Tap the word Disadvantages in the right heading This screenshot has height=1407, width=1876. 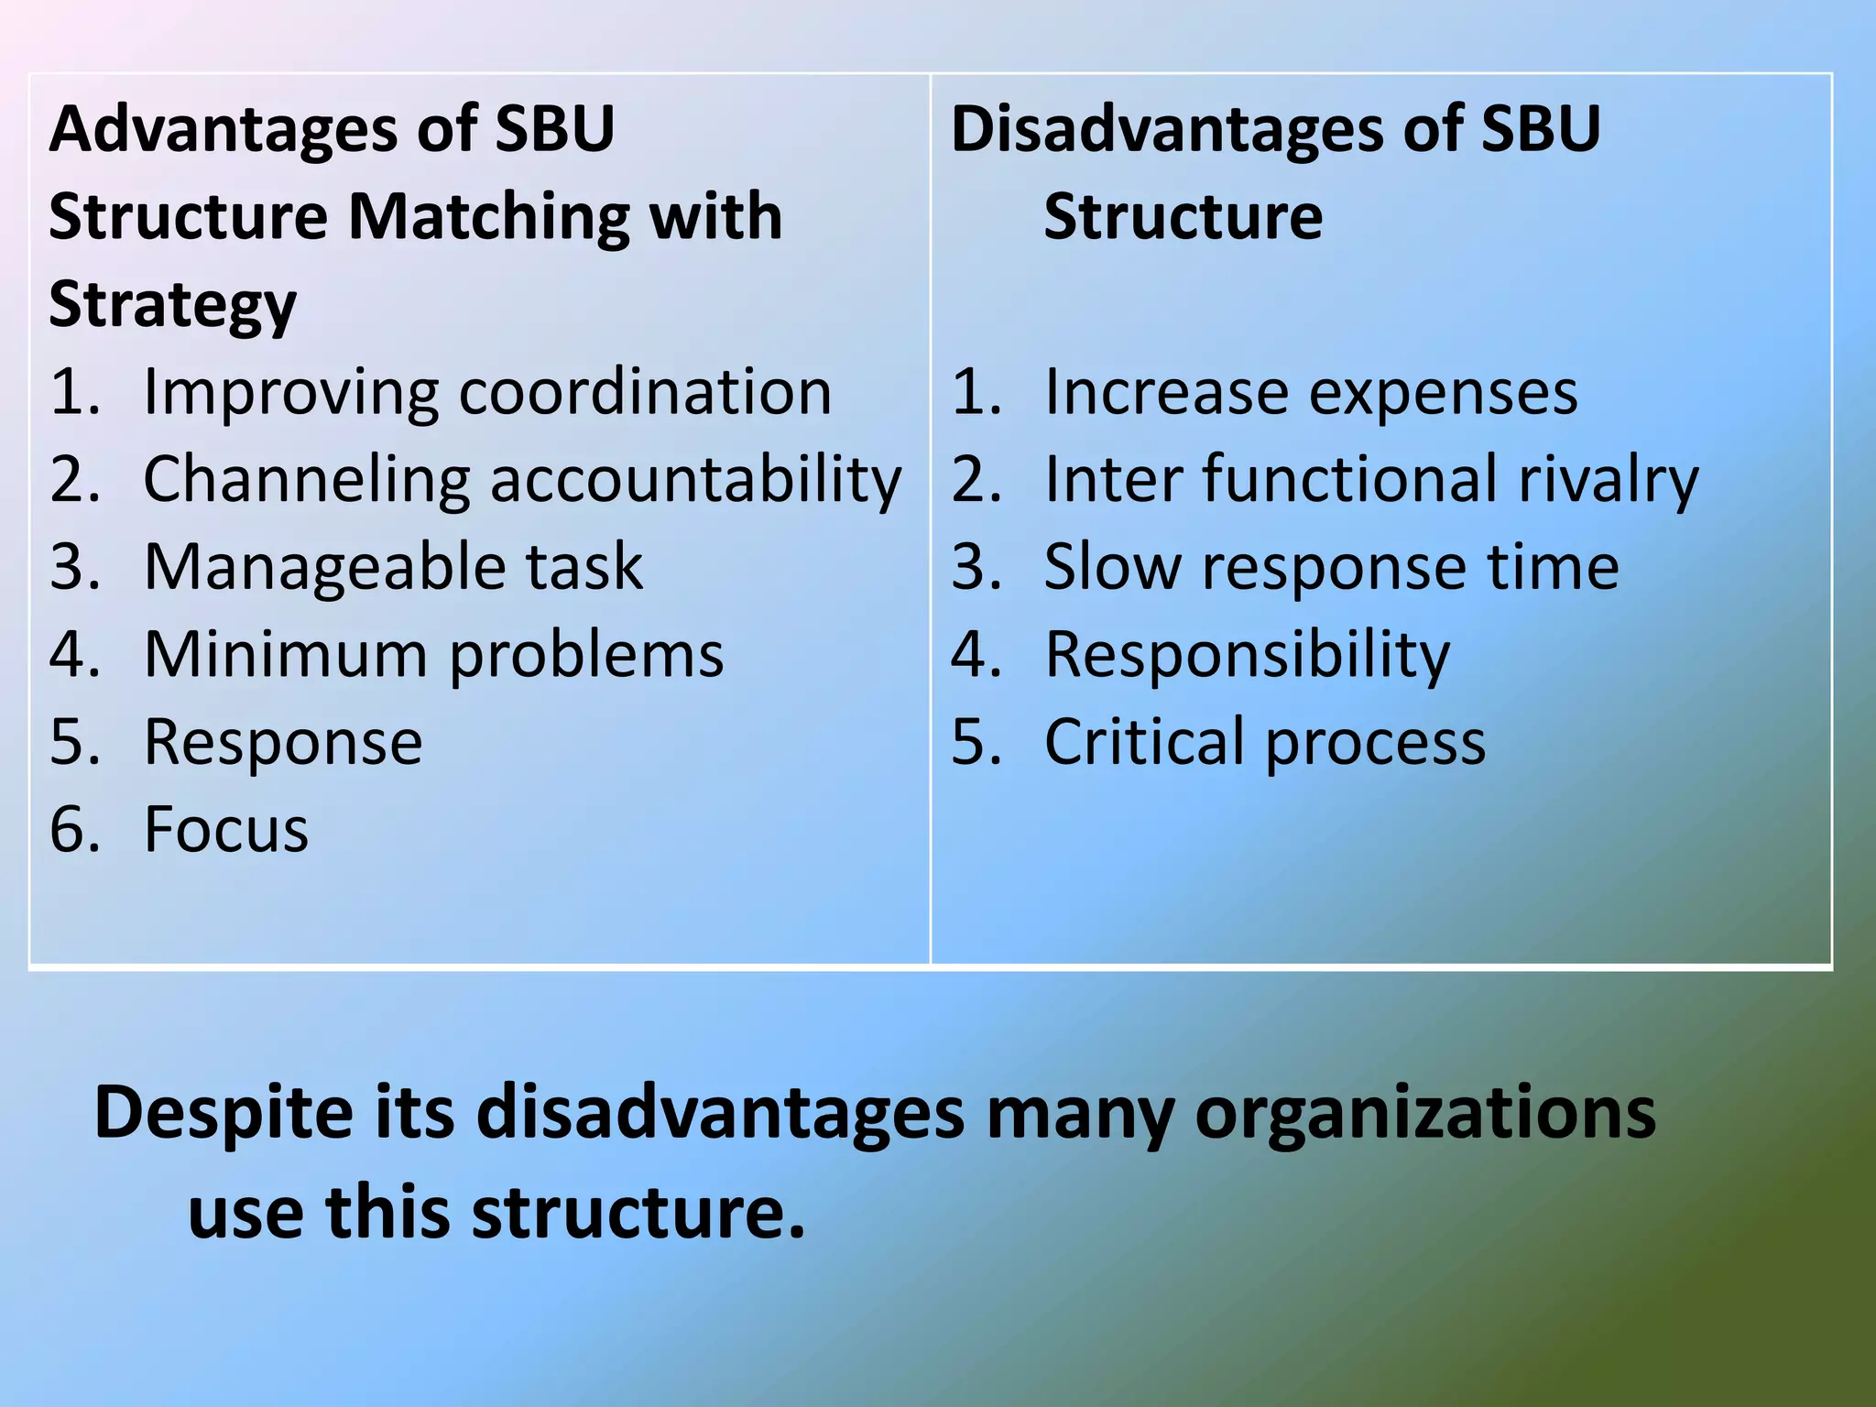pos(1166,130)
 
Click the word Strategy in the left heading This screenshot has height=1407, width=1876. pos(172,306)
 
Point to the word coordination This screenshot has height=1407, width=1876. pos(644,393)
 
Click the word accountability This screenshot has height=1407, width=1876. pos(695,480)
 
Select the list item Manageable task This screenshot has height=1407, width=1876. pos(393,567)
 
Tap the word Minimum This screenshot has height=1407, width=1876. pos(285,655)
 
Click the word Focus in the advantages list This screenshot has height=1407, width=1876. pos(225,830)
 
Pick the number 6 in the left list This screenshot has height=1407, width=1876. pos(72,830)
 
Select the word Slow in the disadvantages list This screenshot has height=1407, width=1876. pos(1112,567)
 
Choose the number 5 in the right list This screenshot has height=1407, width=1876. pos(975,742)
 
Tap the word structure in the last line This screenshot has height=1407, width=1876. pos(638,1212)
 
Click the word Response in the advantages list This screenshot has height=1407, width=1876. pos(283,743)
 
